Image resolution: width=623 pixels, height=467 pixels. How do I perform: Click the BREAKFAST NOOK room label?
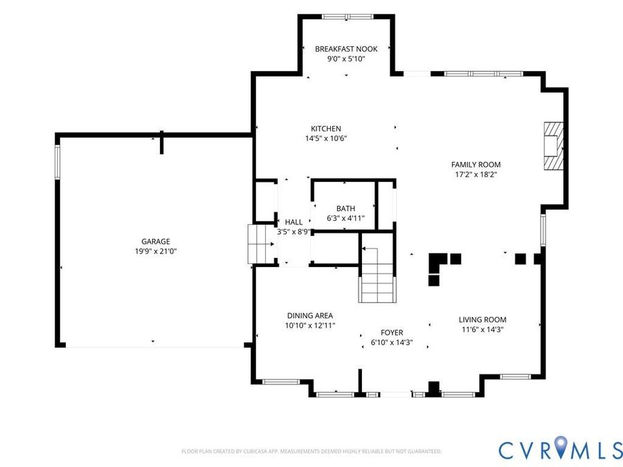346,49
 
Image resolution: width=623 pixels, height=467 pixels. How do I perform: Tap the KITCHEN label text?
326,129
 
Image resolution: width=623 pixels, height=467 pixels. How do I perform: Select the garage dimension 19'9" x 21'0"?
156,251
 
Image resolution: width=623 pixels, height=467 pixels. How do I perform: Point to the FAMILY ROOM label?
476,165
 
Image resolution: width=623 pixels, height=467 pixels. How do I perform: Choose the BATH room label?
345,208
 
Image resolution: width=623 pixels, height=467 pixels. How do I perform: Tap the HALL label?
294,222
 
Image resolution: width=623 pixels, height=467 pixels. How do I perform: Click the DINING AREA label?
310,315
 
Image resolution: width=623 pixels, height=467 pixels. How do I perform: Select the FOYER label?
392,333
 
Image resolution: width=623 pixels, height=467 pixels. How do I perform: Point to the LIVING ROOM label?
482,320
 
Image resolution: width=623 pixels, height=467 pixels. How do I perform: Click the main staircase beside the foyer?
377,274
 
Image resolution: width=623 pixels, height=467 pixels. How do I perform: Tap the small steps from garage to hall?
261,244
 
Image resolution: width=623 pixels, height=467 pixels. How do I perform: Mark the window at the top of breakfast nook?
347,17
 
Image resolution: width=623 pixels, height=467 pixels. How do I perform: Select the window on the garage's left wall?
57,162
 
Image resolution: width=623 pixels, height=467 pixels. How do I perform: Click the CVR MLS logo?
560,448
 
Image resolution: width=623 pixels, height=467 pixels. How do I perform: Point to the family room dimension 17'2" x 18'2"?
476,174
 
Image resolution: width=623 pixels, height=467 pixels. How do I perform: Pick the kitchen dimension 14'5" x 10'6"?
326,138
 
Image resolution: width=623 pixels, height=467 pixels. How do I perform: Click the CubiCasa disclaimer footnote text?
311,451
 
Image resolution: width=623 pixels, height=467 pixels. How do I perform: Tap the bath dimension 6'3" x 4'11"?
345,218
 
